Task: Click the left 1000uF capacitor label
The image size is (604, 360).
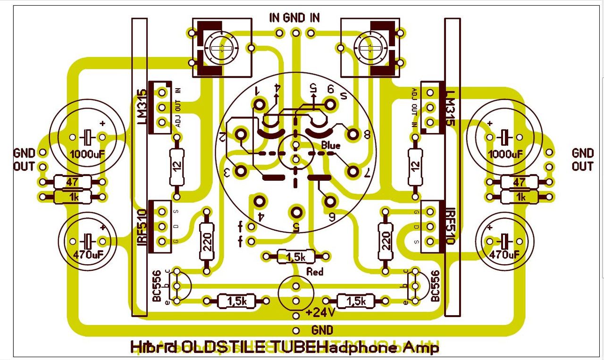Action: (x=87, y=154)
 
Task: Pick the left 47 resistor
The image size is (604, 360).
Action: (x=72, y=182)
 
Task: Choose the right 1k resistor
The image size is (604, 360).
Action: (x=520, y=197)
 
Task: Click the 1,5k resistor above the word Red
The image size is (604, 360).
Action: (x=295, y=257)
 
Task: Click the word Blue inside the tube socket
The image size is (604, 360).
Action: (x=330, y=146)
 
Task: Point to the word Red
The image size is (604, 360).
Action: (x=315, y=272)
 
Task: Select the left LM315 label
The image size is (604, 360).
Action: (x=141, y=107)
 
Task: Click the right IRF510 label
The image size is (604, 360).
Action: (x=449, y=226)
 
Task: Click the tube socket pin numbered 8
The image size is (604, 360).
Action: (x=352, y=134)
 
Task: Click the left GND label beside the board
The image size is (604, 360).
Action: (x=24, y=153)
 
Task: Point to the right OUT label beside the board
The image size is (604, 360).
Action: (x=582, y=166)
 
